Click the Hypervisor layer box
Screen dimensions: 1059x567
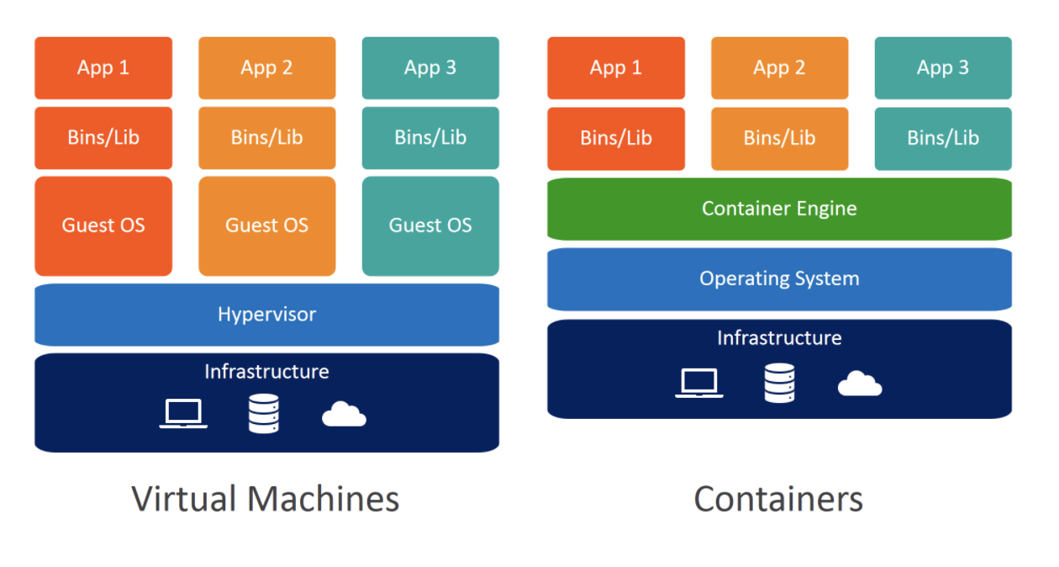(x=266, y=315)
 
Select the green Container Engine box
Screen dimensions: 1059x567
(x=779, y=209)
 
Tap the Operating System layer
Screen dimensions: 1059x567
(x=779, y=279)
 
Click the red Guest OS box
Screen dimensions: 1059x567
(x=103, y=226)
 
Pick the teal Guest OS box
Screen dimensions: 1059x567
(x=430, y=226)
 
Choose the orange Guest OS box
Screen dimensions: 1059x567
(x=267, y=226)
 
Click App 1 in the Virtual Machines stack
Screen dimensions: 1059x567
(x=103, y=68)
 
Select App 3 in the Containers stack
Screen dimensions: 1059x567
(x=943, y=68)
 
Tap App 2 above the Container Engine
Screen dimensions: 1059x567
(x=780, y=68)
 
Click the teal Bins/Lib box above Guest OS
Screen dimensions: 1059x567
(x=430, y=138)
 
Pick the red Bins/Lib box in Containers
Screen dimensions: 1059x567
(x=616, y=139)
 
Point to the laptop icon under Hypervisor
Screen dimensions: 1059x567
(x=183, y=414)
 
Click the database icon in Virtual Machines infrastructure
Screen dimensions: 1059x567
(x=264, y=414)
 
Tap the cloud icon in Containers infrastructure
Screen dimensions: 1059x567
(x=860, y=384)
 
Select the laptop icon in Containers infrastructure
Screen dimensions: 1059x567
(x=699, y=383)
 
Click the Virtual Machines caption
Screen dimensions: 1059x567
(x=266, y=499)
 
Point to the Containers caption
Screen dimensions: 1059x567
(x=778, y=499)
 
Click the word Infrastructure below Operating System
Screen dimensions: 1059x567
(x=780, y=338)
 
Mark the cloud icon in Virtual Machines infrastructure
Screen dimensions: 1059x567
(x=345, y=414)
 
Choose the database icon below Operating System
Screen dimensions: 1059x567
(x=780, y=383)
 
